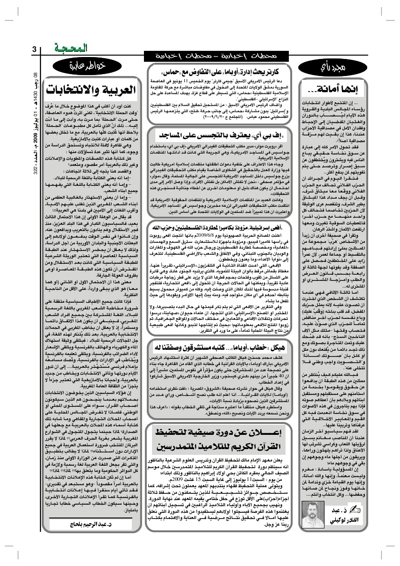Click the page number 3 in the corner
[x=34, y=50]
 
